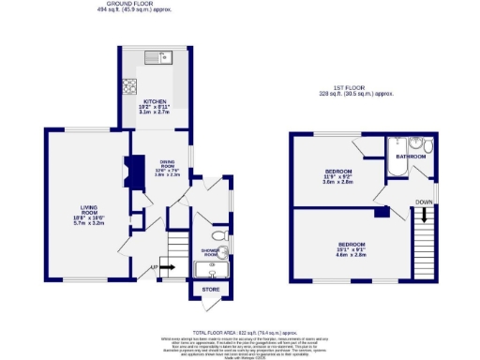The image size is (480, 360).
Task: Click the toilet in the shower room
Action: pos(217,236)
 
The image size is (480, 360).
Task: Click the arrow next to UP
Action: pos(171,270)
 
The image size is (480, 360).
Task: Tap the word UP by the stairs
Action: pos(154,270)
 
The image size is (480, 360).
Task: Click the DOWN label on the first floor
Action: pos(424,202)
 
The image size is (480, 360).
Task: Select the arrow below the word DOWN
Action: pos(424,215)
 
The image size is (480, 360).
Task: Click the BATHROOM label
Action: pos(410,156)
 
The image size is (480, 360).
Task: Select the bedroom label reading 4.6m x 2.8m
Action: pos(351,248)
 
